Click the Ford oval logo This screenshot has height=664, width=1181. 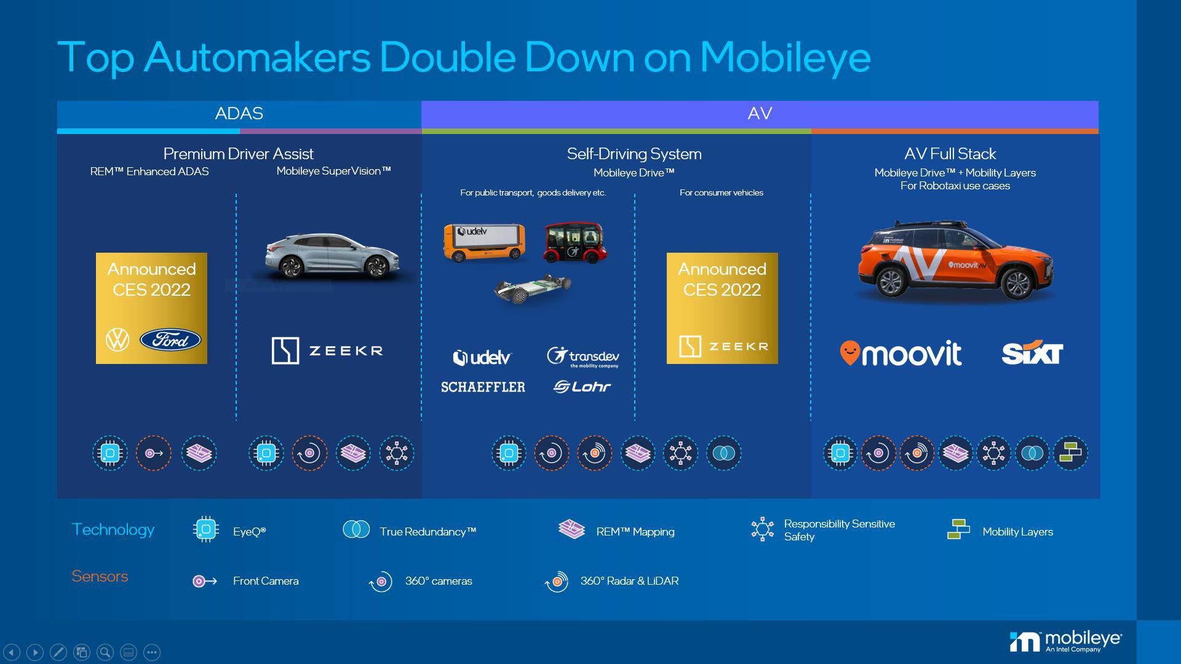(x=170, y=339)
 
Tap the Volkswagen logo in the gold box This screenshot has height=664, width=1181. (x=117, y=339)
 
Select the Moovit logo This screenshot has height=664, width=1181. (x=901, y=354)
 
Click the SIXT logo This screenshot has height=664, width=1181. (x=1032, y=353)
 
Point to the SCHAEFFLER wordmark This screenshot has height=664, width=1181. (x=483, y=387)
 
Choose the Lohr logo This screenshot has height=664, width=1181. (x=582, y=387)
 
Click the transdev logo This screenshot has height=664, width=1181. (x=583, y=357)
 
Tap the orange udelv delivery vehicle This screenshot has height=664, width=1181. (x=485, y=242)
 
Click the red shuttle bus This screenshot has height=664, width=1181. (x=575, y=243)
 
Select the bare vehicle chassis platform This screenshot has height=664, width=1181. (x=533, y=289)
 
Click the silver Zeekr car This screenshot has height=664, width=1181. (x=333, y=255)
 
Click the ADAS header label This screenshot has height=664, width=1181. (x=239, y=114)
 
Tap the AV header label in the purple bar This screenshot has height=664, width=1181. (x=760, y=114)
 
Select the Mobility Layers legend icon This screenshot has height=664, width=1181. (x=958, y=529)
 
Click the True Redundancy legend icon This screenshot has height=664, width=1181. (x=356, y=529)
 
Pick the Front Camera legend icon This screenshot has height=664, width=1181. (x=205, y=581)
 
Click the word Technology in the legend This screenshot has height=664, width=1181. (x=113, y=529)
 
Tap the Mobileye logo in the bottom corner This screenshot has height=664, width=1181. (x=1065, y=641)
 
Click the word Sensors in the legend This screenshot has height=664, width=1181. (x=100, y=576)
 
